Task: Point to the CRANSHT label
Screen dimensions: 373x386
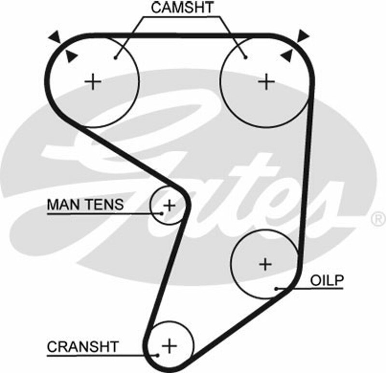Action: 83,346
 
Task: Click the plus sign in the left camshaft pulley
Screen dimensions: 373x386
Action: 93,82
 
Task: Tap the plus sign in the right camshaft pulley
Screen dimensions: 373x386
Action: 266,82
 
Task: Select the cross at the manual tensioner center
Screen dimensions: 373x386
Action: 169,206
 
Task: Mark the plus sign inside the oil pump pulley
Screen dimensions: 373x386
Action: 265,264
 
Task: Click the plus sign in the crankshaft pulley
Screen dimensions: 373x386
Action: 169,345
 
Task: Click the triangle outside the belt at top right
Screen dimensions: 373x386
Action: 303,35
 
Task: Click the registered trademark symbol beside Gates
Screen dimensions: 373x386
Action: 377,219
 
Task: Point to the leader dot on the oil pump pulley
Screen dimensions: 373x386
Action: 276,289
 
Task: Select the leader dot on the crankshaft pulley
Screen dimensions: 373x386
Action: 158,356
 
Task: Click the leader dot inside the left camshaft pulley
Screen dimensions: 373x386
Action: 116,58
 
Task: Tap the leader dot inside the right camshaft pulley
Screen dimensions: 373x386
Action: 246,58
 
